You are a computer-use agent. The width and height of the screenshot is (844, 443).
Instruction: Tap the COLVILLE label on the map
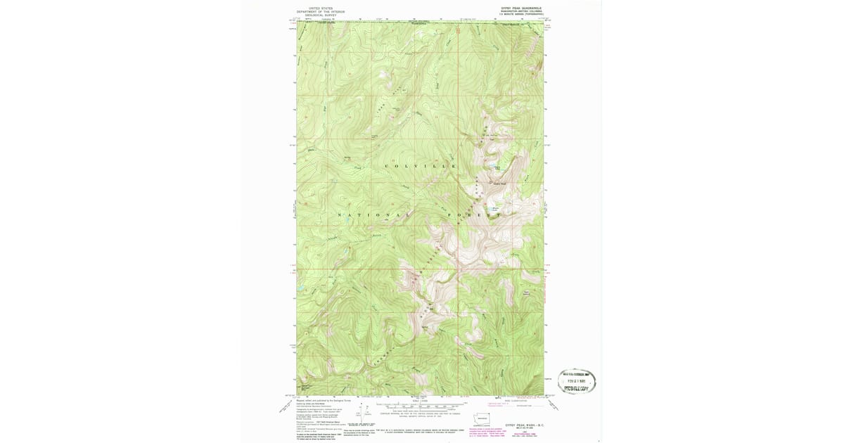coord(420,165)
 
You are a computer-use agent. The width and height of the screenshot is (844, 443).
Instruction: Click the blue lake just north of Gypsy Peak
coord(497,169)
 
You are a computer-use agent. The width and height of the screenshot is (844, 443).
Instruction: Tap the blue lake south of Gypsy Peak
coord(495,209)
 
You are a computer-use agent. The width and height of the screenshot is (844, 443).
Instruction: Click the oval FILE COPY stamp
coord(577,381)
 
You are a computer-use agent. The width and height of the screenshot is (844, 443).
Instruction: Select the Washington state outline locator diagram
coord(482,418)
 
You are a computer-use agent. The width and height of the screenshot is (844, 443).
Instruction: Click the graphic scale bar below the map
coord(420,406)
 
